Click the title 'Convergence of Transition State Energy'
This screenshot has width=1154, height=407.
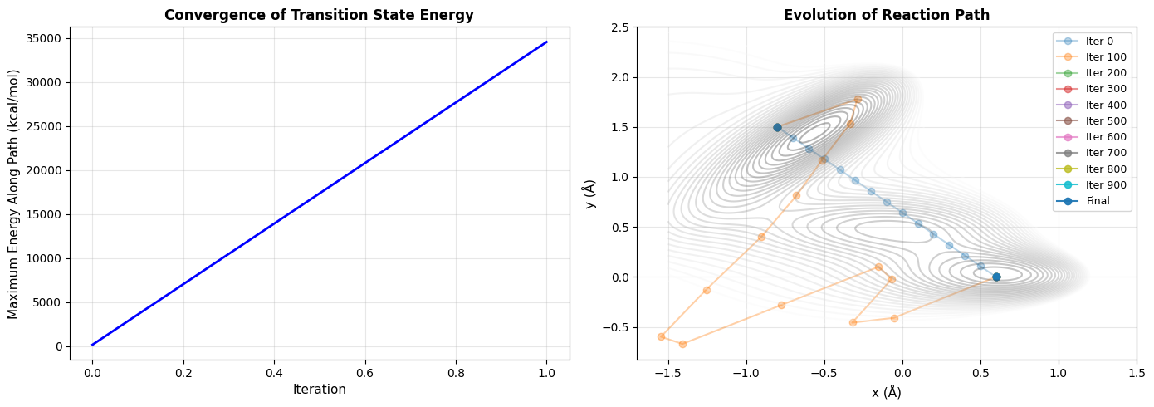click(x=319, y=14)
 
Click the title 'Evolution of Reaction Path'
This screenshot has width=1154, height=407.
click(x=886, y=14)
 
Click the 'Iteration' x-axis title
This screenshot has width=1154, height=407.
click(x=319, y=390)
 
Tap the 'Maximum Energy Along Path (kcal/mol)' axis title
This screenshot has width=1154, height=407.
click(x=13, y=194)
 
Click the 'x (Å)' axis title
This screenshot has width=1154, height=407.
click(x=886, y=392)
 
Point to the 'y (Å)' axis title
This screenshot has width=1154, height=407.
click(x=590, y=194)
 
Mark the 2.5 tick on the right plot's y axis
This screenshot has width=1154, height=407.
click(x=619, y=27)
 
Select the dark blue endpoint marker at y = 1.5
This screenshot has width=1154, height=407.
click(x=777, y=127)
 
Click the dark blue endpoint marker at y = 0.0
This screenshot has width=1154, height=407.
click(x=996, y=277)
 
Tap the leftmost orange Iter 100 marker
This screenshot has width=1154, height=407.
click(x=661, y=336)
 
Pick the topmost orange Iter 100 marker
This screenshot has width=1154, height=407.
click(x=858, y=100)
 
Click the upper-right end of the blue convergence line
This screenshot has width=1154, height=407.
click(x=546, y=42)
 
